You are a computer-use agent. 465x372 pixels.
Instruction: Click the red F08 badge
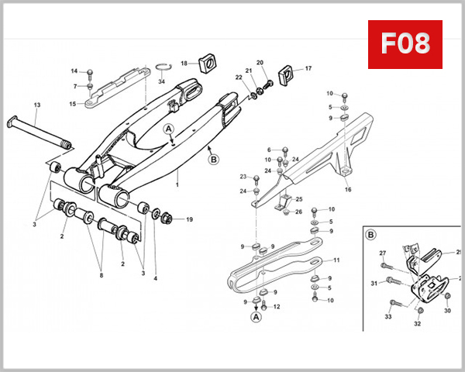pyautogui.click(x=405, y=43)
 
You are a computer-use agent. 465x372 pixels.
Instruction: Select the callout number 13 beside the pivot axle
pyautogui.click(x=36, y=105)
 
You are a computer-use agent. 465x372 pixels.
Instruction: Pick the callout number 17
pyautogui.click(x=308, y=69)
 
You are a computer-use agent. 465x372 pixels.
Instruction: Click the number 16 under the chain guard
pyautogui.click(x=347, y=189)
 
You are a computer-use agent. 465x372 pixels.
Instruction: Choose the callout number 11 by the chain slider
pyautogui.click(x=336, y=260)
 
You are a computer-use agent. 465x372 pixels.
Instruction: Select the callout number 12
pyautogui.click(x=276, y=308)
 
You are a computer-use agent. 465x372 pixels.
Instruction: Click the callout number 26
pyautogui.click(x=299, y=212)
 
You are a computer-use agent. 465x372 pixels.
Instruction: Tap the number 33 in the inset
pyautogui.click(x=389, y=316)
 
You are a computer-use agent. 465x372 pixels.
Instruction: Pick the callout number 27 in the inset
pyautogui.click(x=382, y=253)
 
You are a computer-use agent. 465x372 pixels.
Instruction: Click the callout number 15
pyautogui.click(x=72, y=104)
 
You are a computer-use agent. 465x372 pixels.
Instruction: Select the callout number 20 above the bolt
pyautogui.click(x=260, y=62)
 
